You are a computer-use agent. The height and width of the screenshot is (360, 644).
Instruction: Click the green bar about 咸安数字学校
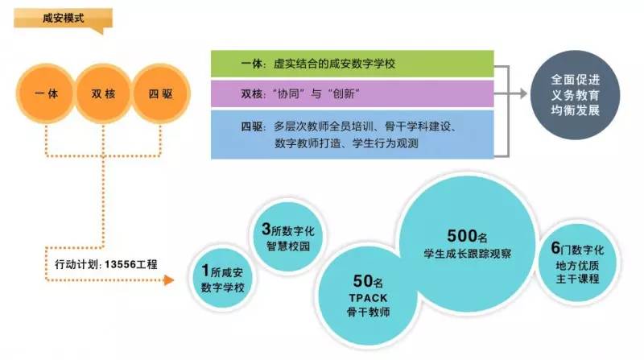(x=352, y=63)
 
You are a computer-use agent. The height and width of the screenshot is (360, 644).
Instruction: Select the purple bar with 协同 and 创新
(x=352, y=94)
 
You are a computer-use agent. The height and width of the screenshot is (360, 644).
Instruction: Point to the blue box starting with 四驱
(x=352, y=134)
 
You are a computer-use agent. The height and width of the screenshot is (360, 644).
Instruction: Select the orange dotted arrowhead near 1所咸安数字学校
(x=169, y=280)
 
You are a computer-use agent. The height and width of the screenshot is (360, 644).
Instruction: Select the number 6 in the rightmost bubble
(x=555, y=247)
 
